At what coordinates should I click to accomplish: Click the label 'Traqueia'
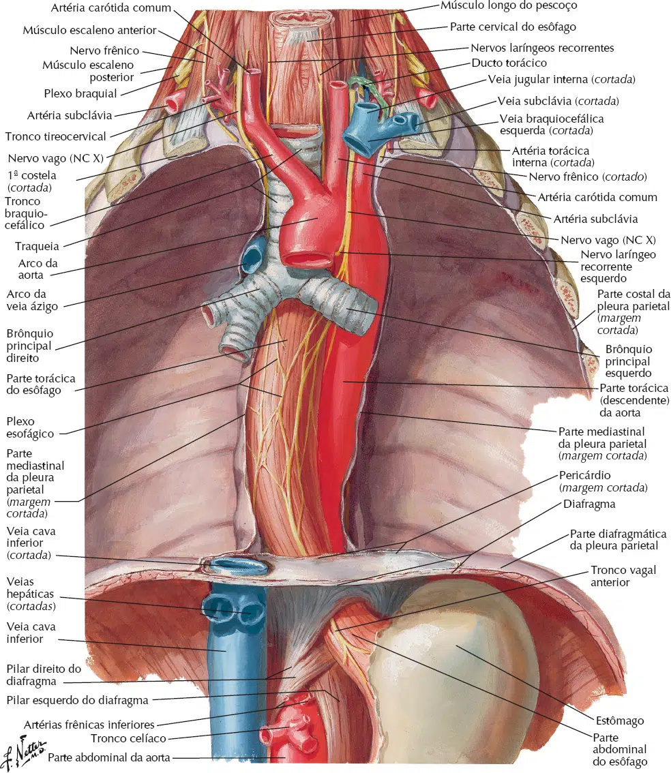coord(37,246)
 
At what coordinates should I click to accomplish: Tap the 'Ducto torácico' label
coord(509,63)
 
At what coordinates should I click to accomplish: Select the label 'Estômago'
coord(620,721)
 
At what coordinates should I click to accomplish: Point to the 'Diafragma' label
coord(589,504)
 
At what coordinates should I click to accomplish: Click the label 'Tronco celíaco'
coord(128,738)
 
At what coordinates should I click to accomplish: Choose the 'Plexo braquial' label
coord(80,93)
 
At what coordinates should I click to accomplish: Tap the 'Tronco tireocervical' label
coord(56,136)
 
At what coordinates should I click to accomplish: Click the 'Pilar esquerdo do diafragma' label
coord(78,701)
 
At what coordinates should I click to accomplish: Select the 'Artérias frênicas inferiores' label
coord(89,725)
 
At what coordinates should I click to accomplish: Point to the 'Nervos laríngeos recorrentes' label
coord(542,48)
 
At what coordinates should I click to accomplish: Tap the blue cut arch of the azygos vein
coord(252,255)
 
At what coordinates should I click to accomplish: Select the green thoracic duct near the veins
coord(364,89)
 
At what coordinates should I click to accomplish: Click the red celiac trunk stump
coord(291,729)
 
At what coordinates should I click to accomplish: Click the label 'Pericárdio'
coord(584,475)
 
